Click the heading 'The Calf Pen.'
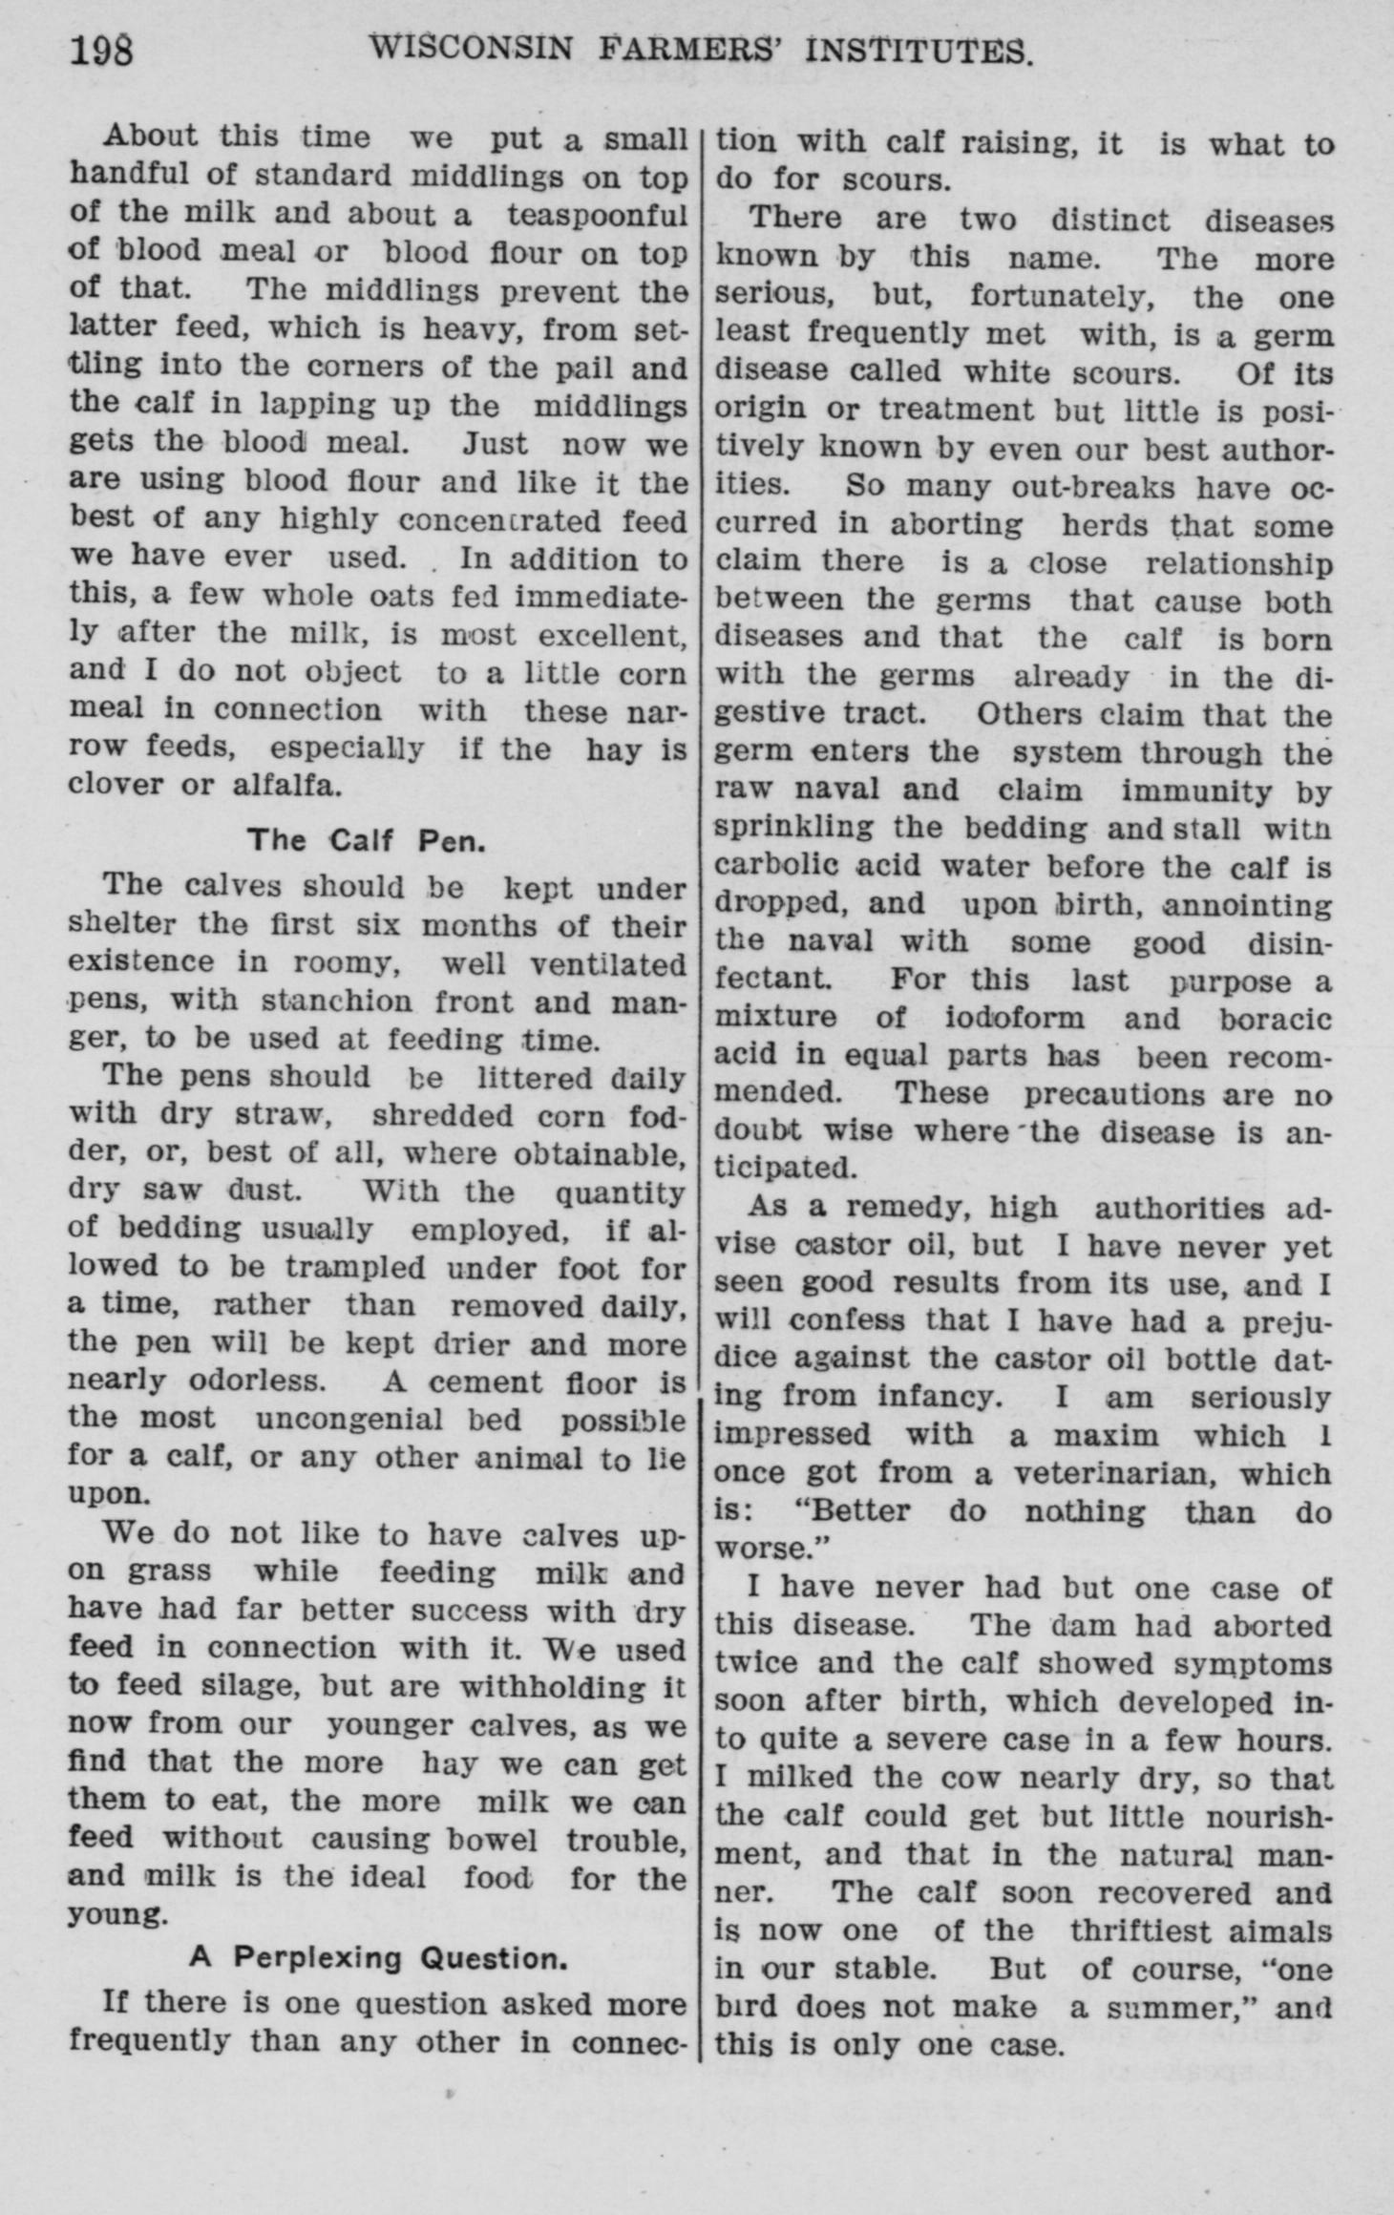pyautogui.click(x=367, y=840)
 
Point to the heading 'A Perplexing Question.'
pyautogui.click(x=378, y=1958)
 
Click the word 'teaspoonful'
pyautogui.click(x=597, y=214)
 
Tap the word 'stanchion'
pyautogui.click(x=337, y=1002)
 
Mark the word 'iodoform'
pyautogui.click(x=1015, y=1018)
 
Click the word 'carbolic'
pyautogui.click(x=778, y=866)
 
